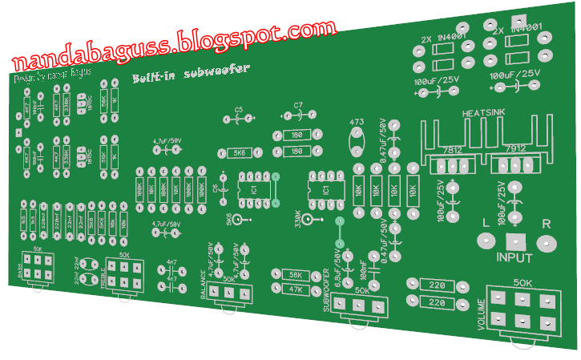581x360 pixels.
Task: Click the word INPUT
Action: point(514,258)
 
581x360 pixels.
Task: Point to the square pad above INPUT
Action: point(513,241)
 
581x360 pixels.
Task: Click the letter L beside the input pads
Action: point(485,224)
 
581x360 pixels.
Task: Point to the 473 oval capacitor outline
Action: point(357,141)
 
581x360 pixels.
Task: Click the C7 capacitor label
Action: point(298,105)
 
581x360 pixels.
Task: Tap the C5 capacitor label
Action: point(239,110)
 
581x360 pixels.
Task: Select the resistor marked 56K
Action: point(294,275)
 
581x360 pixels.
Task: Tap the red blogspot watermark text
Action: point(172,42)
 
